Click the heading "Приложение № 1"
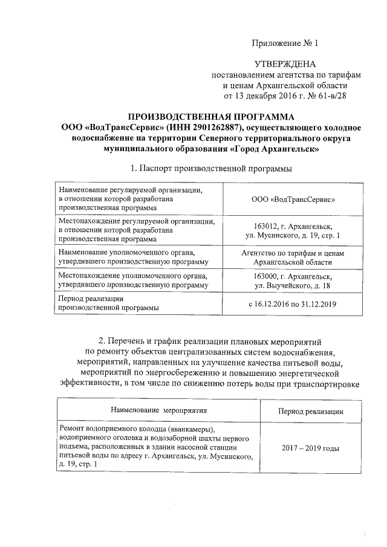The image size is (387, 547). pos(284,43)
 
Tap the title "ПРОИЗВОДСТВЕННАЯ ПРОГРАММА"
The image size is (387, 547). pos(212,116)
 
